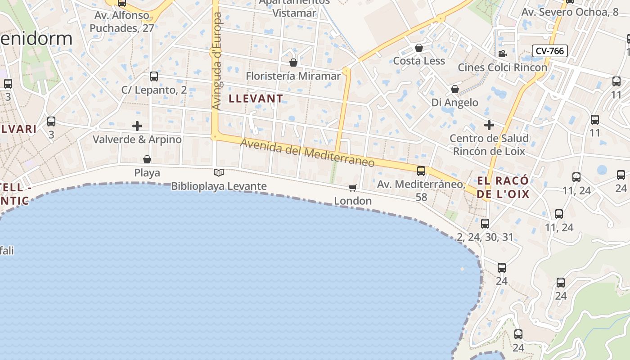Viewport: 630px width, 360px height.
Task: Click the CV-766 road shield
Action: tap(549, 51)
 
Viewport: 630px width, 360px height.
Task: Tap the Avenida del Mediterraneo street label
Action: tap(307, 153)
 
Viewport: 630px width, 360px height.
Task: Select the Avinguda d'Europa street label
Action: tap(217, 61)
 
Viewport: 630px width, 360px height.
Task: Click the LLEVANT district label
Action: tap(256, 99)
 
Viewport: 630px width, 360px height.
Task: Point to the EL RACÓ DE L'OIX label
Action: tap(503, 188)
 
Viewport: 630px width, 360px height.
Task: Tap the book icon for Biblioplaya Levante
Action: tap(219, 173)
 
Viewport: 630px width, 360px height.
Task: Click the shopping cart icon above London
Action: tap(353, 188)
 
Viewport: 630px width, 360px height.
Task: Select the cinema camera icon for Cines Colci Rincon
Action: tap(502, 54)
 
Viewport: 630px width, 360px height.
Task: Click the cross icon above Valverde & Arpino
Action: tap(137, 126)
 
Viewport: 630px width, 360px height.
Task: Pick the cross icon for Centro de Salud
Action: tap(489, 125)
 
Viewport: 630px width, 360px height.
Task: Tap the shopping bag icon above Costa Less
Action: tap(419, 48)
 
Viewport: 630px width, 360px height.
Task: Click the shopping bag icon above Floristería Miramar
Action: tap(293, 63)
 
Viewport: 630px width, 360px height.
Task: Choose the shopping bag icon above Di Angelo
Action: tap(455, 89)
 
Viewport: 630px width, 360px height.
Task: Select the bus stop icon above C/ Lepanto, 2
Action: tap(154, 76)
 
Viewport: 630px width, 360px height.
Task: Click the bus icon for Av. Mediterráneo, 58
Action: tap(421, 171)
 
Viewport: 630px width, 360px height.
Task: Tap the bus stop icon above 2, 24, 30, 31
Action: tap(485, 224)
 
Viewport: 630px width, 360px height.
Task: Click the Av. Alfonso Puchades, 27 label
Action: tap(122, 22)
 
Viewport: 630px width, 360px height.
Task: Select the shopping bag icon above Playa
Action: tap(147, 159)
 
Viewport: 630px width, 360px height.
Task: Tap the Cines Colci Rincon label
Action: tap(502, 67)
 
